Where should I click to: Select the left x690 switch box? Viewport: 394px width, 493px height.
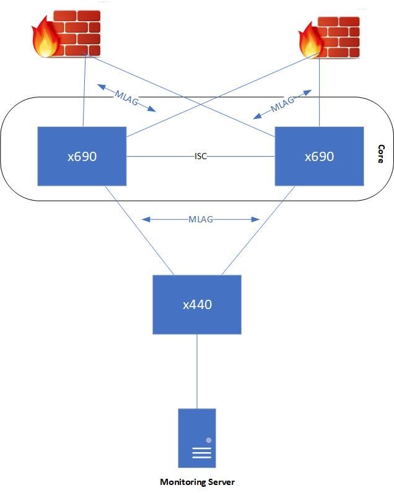click(82, 156)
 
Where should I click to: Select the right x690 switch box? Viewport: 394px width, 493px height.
click(319, 156)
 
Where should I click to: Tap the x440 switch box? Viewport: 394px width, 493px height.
click(196, 304)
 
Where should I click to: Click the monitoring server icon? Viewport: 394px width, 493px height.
click(197, 438)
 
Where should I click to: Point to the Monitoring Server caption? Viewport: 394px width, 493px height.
click(197, 482)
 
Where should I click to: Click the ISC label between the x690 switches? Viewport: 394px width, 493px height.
click(201, 157)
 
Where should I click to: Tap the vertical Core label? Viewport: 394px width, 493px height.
click(381, 154)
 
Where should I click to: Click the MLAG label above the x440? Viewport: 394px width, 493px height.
click(201, 219)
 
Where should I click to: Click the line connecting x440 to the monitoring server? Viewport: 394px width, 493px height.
click(197, 372)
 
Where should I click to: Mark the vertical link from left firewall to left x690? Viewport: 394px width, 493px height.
click(82, 93)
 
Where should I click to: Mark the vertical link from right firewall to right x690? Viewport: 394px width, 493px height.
click(319, 93)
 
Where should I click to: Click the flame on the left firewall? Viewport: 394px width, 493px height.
click(45, 38)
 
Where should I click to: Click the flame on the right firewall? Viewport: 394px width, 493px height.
click(310, 40)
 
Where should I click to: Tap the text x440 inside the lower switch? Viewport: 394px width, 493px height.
click(196, 304)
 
